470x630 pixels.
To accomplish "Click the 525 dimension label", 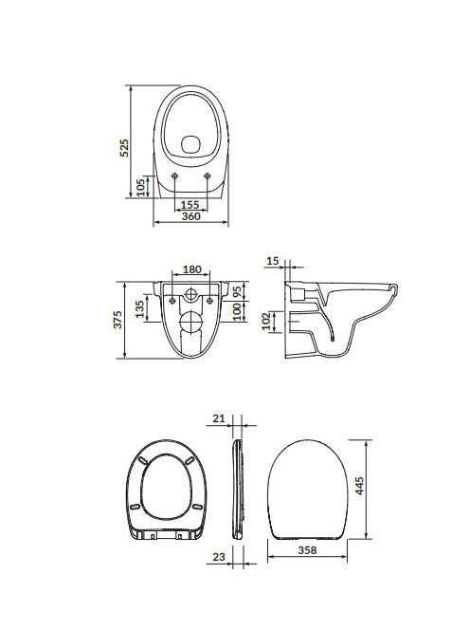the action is coord(125,147).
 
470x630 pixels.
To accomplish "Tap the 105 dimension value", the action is coord(141,188).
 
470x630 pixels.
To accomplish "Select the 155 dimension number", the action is coord(190,205).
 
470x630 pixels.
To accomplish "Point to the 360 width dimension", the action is coord(191,216).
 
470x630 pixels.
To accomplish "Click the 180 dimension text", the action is coord(191,269).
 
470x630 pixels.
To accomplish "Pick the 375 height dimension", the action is coord(117,320).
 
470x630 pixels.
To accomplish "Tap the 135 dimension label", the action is coord(139,309).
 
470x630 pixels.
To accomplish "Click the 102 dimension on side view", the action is coord(267,322).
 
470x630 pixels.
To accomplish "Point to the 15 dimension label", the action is coord(273,261).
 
